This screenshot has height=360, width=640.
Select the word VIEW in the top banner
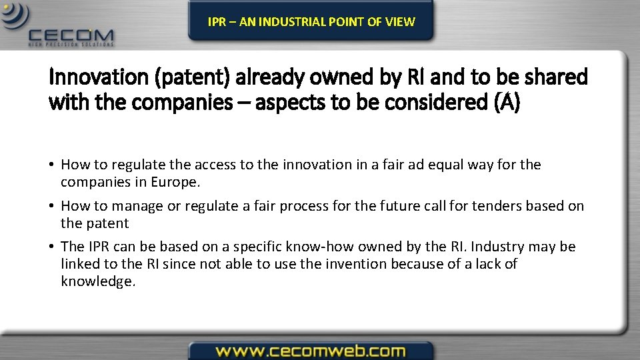pyautogui.click(x=400, y=21)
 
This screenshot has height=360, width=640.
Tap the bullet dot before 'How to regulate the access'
pyautogui.click(x=52, y=165)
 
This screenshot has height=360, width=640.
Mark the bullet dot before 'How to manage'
pyautogui.click(x=52, y=207)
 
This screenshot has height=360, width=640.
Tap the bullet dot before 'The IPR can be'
pyautogui.click(x=52, y=247)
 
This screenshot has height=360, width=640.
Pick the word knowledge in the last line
pyautogui.click(x=97, y=281)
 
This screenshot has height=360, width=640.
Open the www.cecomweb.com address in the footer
pyautogui.click(x=310, y=351)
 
